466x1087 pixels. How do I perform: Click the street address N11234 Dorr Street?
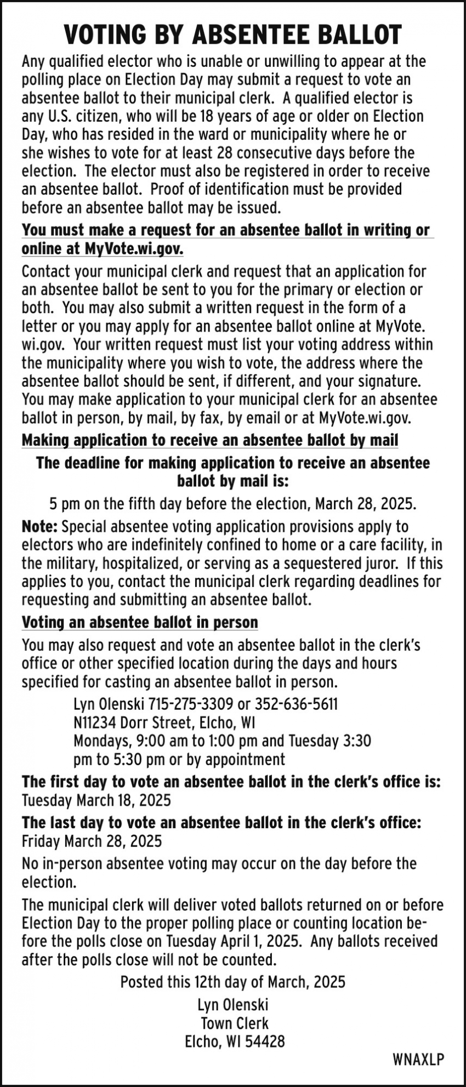(134, 722)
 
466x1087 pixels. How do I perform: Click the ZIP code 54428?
(266, 1042)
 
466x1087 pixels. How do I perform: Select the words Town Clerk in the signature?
(234, 1023)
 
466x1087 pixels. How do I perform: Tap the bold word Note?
(39, 527)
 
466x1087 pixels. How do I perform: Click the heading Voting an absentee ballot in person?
(140, 623)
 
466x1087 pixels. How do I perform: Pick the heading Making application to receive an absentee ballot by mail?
(209, 440)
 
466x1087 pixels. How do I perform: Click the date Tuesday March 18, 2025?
(96, 800)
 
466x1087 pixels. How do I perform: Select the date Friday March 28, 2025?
(92, 841)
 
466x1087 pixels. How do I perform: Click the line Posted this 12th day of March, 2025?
(233, 981)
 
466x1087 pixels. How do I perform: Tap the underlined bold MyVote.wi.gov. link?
(134, 249)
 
